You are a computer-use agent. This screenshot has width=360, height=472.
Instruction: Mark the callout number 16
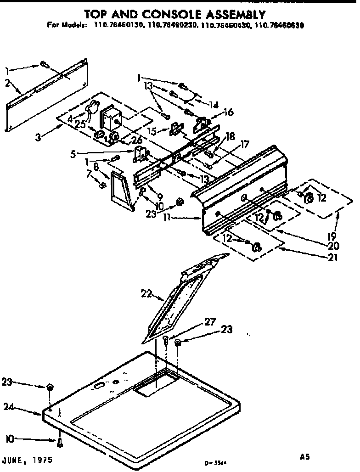click(x=228, y=112)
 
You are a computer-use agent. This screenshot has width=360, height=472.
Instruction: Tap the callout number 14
click(x=213, y=104)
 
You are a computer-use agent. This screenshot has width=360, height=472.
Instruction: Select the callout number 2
click(x=8, y=83)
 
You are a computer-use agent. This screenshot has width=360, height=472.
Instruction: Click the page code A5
click(x=305, y=457)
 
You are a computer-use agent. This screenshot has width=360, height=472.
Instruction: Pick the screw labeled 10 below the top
click(x=60, y=443)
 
